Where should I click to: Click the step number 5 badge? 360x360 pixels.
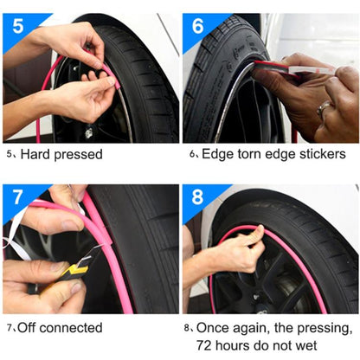[x=18, y=23]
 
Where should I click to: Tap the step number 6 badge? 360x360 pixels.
[x=198, y=23]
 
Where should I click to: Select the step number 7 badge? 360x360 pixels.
[x=17, y=196]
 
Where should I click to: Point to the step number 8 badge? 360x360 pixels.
[x=198, y=196]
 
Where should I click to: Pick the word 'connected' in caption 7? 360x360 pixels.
[x=74, y=328]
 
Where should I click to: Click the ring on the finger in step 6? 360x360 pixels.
[x=323, y=110]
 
